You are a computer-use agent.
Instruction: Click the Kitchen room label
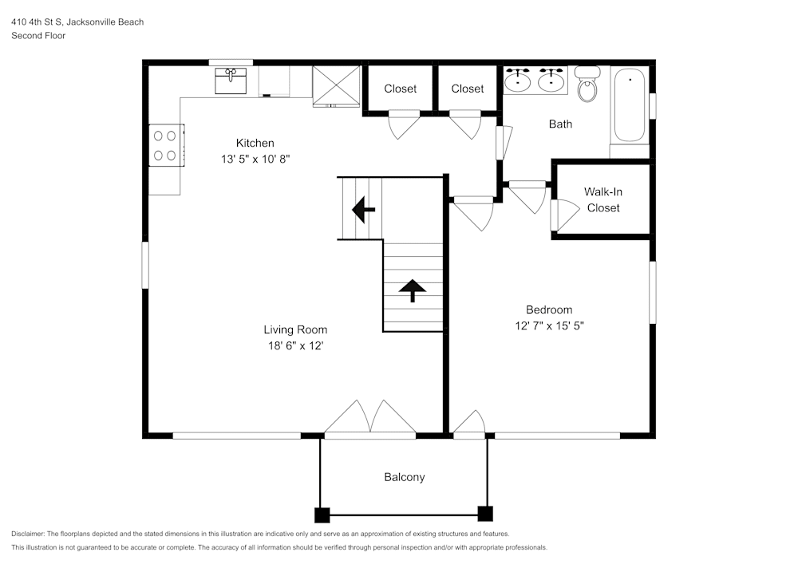tap(255, 143)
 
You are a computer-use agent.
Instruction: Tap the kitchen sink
tap(231, 81)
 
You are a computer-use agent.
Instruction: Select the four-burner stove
tap(165, 145)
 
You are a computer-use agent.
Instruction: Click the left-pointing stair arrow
tap(363, 211)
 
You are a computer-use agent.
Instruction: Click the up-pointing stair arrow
tap(412, 290)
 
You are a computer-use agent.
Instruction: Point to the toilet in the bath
tap(588, 85)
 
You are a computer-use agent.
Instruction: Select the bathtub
tap(630, 105)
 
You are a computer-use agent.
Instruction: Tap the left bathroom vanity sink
tap(519, 80)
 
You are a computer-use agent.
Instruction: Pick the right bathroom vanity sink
tap(551, 80)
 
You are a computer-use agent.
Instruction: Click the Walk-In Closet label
tap(602, 199)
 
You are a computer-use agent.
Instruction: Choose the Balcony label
tap(405, 477)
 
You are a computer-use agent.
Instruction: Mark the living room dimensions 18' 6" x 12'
tap(295, 345)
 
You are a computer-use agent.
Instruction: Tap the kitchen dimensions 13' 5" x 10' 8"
tap(255, 159)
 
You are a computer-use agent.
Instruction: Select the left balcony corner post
tap(322, 514)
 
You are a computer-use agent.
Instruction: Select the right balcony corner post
tap(484, 514)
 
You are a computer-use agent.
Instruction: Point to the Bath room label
tap(560, 124)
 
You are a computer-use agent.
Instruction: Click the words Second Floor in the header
tap(38, 36)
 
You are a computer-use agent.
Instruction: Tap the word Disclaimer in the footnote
tap(28, 534)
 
